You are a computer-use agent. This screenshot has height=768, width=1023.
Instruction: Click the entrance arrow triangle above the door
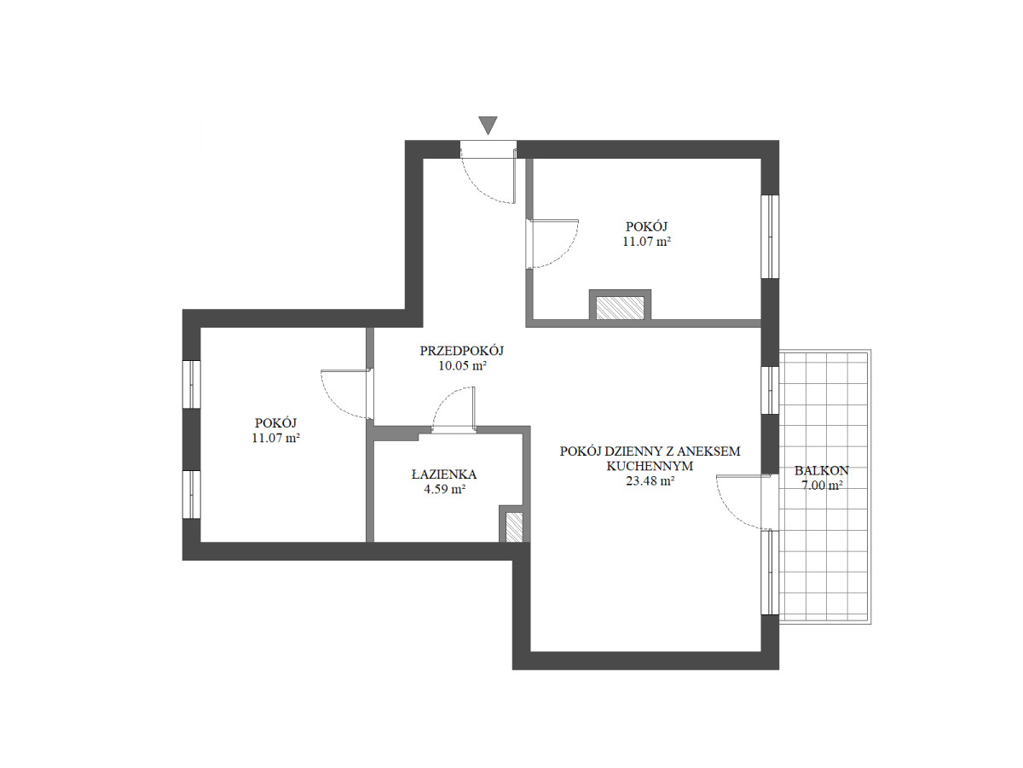point(488,125)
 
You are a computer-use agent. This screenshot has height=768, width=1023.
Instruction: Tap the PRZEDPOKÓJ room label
point(461,350)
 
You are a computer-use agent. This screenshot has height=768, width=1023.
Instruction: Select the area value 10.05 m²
point(462,365)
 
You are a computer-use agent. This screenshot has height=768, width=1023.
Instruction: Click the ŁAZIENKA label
point(443,474)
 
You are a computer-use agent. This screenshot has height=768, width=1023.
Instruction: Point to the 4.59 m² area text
point(445,489)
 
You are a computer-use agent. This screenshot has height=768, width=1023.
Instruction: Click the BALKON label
point(821,470)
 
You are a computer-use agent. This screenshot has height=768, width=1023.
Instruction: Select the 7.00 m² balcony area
point(821,486)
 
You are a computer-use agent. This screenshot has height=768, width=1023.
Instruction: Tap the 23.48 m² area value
point(650,480)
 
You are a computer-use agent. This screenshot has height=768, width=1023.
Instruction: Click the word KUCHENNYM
point(650,466)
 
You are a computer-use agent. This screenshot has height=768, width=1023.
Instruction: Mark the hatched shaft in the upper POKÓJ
point(620,308)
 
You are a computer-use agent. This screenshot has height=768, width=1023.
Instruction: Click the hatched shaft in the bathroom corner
point(514,527)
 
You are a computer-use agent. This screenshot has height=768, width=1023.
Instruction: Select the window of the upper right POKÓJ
point(770,236)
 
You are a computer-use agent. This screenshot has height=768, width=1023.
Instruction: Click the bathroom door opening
point(454,430)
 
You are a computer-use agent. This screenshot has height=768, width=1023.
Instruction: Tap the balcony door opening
point(770,503)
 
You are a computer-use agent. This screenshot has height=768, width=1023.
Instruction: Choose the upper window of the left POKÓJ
point(191,384)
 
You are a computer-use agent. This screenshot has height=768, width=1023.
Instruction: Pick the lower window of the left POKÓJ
point(191,494)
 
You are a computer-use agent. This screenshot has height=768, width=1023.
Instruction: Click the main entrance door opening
point(488,149)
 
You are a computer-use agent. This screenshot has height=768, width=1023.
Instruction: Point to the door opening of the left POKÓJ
point(370,393)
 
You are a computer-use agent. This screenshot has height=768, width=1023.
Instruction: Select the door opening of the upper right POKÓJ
point(529,244)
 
